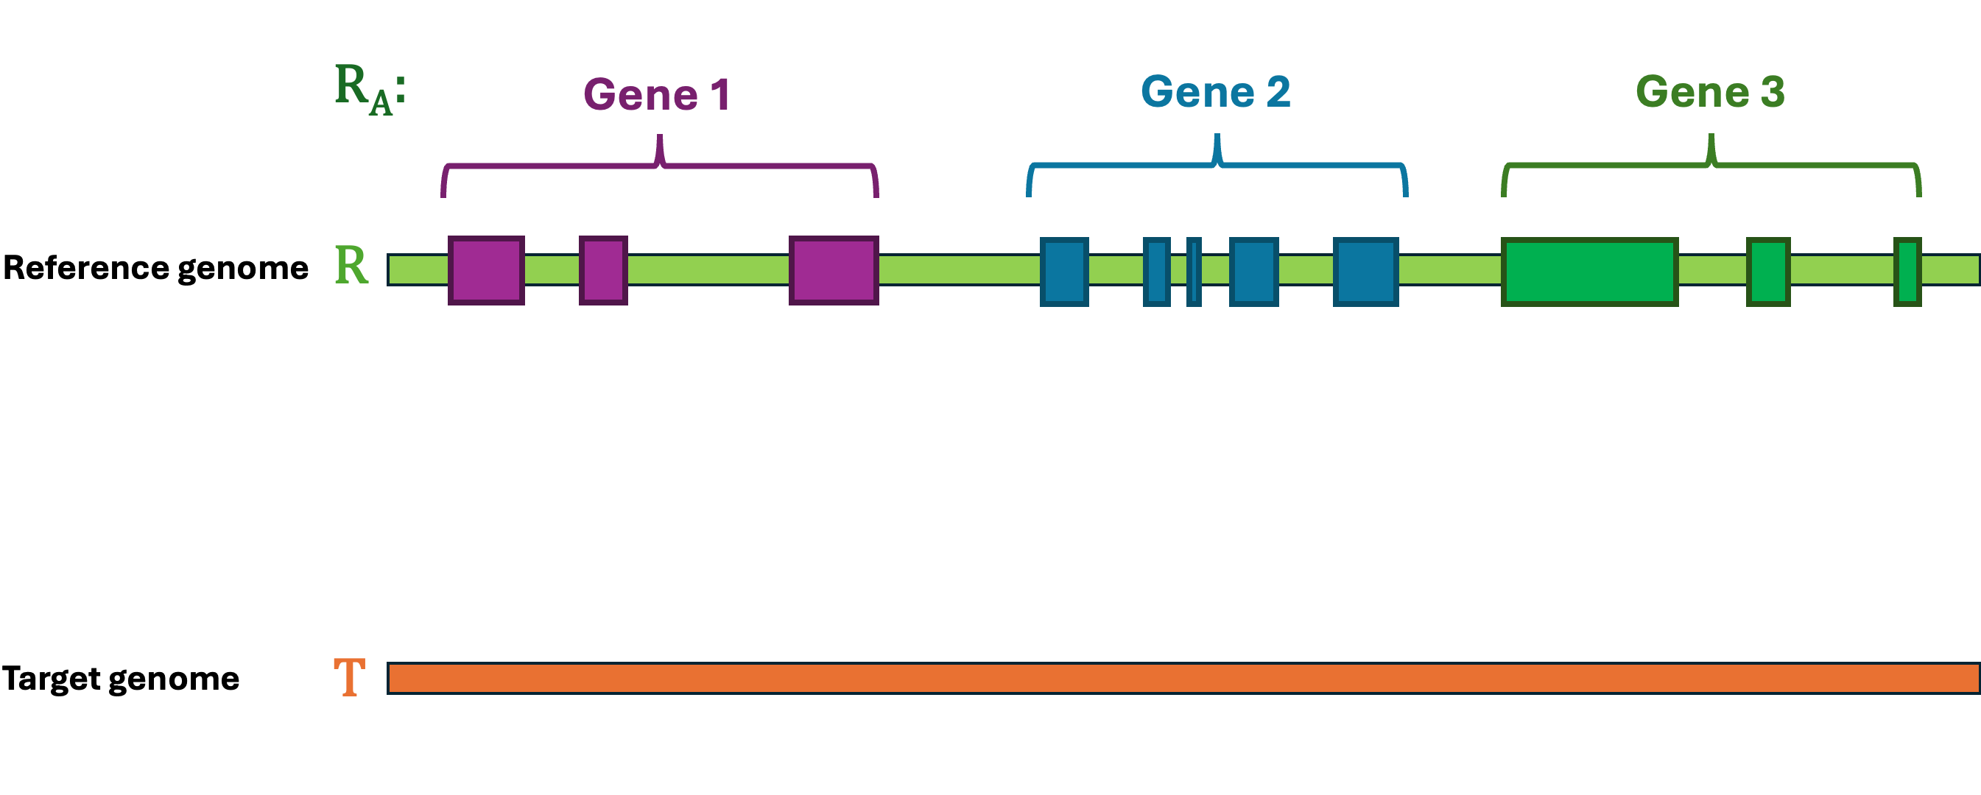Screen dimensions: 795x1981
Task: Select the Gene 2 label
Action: (1215, 92)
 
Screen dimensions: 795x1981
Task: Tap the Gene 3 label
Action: (1709, 92)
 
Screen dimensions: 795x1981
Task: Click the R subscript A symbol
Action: (369, 88)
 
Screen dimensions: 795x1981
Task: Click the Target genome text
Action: (121, 678)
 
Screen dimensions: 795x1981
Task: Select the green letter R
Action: (351, 266)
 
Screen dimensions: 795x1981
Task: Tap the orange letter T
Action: (349, 677)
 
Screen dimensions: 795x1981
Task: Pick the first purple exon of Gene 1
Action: (486, 271)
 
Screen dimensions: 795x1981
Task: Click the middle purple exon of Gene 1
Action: (603, 271)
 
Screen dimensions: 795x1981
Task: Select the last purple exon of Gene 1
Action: (834, 271)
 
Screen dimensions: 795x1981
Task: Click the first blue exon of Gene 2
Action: (1064, 272)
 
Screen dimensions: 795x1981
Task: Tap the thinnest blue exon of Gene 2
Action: (1194, 272)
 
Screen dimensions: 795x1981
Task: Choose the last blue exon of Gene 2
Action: (1366, 272)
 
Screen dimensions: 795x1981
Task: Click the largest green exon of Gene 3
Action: (1589, 272)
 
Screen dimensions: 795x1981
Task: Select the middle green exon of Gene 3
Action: (1768, 272)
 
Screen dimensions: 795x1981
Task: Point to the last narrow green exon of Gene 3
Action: (1907, 272)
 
